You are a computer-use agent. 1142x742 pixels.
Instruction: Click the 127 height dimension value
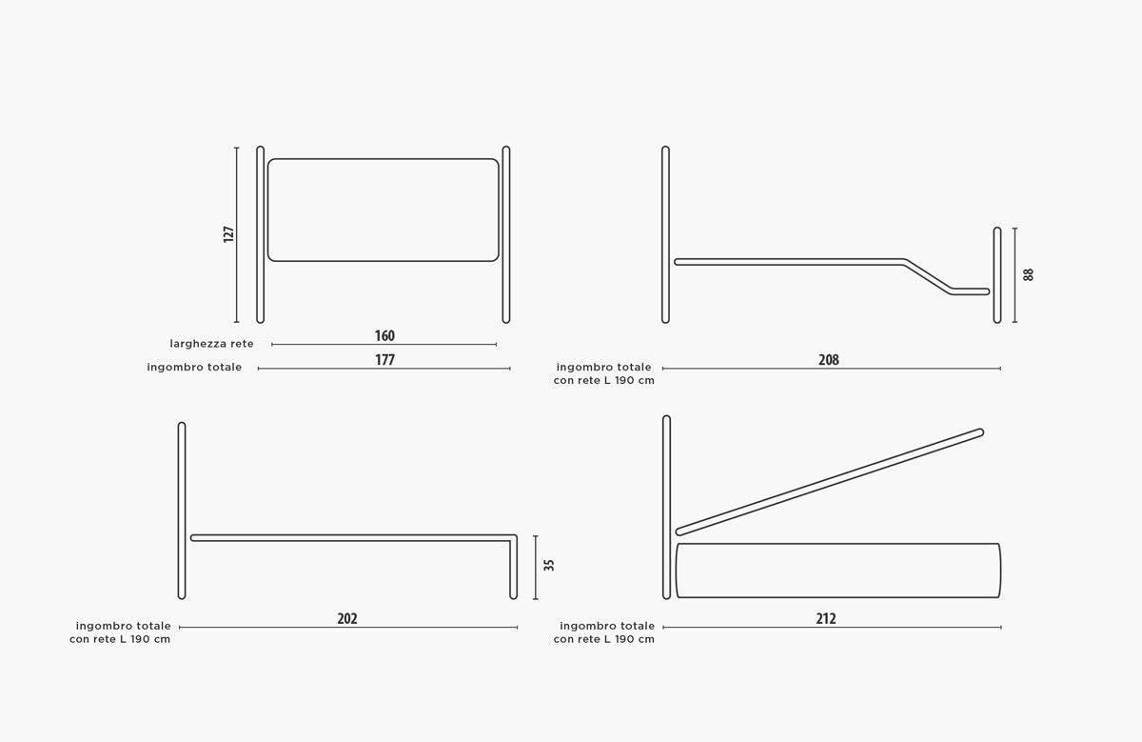click(x=228, y=234)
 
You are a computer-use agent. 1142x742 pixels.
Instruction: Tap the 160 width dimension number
click(x=384, y=336)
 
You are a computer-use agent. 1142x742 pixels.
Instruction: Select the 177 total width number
click(x=384, y=360)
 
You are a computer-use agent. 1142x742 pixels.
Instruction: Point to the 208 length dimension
click(x=829, y=360)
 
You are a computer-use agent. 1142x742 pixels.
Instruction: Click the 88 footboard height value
click(x=1029, y=274)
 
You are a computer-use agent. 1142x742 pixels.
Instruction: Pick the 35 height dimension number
click(x=548, y=566)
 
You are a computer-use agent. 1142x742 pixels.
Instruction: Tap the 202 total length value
click(x=347, y=619)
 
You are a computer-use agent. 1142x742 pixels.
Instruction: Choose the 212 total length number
click(x=826, y=619)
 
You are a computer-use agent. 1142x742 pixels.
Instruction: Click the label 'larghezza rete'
click(x=211, y=344)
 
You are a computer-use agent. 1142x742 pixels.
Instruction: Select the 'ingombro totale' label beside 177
click(x=194, y=368)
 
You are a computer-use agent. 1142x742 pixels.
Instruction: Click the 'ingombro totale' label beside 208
click(x=603, y=368)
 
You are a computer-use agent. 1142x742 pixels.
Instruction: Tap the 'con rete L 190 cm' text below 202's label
click(x=120, y=639)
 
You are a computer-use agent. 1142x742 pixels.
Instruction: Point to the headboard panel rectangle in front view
click(x=383, y=159)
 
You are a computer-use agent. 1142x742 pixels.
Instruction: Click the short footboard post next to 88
click(x=997, y=275)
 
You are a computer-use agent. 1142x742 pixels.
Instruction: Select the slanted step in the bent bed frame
click(x=928, y=277)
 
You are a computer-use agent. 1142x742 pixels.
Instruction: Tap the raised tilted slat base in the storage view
click(x=830, y=482)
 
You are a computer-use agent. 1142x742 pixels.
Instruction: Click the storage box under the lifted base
click(x=838, y=544)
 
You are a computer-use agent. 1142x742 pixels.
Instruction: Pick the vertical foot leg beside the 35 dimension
click(x=513, y=568)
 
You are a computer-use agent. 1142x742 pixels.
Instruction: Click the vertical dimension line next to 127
click(x=237, y=234)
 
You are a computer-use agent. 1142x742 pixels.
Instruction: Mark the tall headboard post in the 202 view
click(x=182, y=511)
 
